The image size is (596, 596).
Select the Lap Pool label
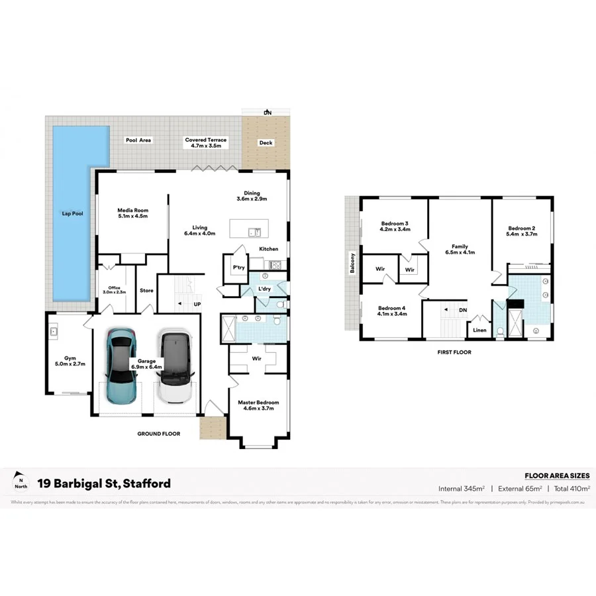click(72, 215)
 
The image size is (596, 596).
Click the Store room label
click(146, 290)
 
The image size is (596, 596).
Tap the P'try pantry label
click(238, 268)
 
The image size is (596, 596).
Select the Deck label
click(266, 143)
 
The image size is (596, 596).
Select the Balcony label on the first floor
click(353, 264)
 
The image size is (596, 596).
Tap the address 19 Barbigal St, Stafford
click(104, 483)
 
